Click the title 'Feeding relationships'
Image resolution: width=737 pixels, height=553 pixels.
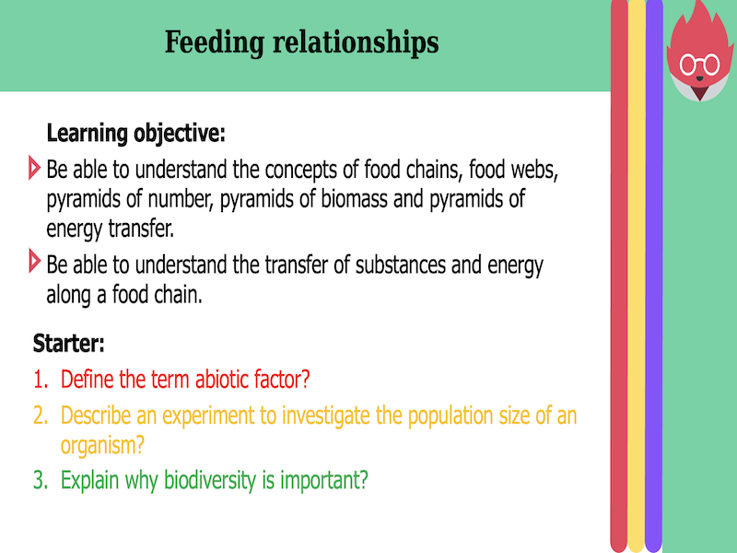301,42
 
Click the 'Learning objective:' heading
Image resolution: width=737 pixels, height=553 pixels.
135,133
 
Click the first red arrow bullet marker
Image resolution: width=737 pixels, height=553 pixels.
35,169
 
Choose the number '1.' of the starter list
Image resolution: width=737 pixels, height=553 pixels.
41,379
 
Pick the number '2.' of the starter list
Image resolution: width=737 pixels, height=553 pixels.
41,416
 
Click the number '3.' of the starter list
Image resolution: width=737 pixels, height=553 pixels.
41,480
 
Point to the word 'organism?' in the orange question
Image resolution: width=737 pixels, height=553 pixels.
102,445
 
